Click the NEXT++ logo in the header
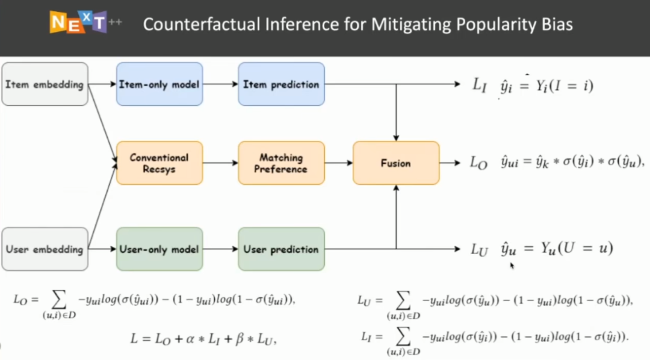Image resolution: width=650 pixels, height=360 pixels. point(78,22)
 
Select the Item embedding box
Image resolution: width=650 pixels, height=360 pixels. point(45,84)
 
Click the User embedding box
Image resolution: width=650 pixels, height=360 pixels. point(45,249)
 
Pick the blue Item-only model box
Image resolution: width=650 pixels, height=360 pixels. point(159,84)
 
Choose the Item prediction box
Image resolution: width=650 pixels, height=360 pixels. point(281,84)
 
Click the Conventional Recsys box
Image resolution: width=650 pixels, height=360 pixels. point(159,163)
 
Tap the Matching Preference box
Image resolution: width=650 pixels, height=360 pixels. point(281,163)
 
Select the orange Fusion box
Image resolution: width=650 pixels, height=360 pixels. point(396,163)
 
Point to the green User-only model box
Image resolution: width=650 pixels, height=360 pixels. point(159,249)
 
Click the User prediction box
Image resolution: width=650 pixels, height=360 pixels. point(281,249)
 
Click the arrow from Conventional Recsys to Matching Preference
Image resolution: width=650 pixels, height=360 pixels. point(220,163)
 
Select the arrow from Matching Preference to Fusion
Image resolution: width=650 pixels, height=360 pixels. point(339,163)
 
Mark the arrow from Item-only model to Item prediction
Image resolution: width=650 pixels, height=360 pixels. point(220,84)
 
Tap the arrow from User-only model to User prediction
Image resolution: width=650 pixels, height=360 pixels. point(220,249)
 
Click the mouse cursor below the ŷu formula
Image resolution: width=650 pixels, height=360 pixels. point(512,265)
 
